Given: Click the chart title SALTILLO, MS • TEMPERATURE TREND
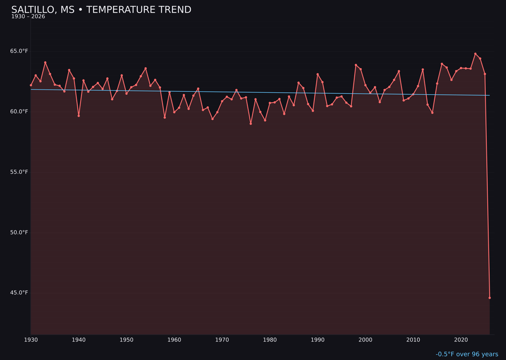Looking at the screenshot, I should click(x=101, y=10).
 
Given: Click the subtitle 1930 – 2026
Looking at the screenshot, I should click(x=28, y=17).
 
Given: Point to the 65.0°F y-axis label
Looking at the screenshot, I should click(x=19, y=51).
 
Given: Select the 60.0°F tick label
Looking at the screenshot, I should click(x=19, y=112).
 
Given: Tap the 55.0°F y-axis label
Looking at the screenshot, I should click(x=19, y=172).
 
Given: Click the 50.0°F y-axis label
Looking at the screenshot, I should click(x=19, y=232).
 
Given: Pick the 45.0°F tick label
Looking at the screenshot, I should click(x=19, y=293).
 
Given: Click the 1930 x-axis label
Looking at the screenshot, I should click(x=31, y=340).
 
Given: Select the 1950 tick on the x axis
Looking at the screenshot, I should click(x=126, y=340).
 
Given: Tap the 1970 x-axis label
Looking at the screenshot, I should click(x=222, y=340).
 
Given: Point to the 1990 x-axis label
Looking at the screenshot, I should click(x=318, y=340).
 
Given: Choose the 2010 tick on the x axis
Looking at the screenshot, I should click(x=413, y=340).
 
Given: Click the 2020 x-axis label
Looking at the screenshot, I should click(x=461, y=340).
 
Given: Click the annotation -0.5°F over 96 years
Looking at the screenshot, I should click(x=467, y=354).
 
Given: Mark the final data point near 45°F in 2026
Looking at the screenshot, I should click(x=490, y=298).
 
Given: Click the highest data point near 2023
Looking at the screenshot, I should click(x=475, y=54).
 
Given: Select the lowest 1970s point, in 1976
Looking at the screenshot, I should click(x=251, y=124).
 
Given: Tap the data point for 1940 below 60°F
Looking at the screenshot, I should click(x=79, y=116).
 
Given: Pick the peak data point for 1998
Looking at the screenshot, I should click(x=356, y=65).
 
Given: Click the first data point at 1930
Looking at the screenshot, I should click(x=31, y=85).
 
